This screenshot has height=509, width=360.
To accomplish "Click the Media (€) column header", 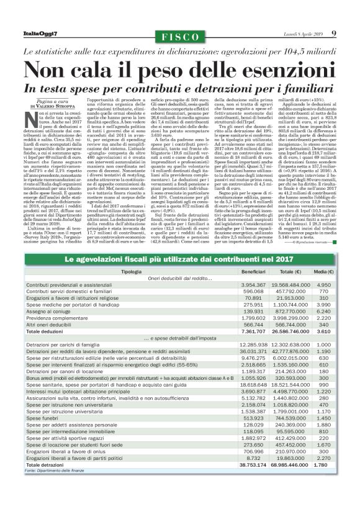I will coord(322,272).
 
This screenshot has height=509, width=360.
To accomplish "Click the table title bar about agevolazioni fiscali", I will coord(179,259).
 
